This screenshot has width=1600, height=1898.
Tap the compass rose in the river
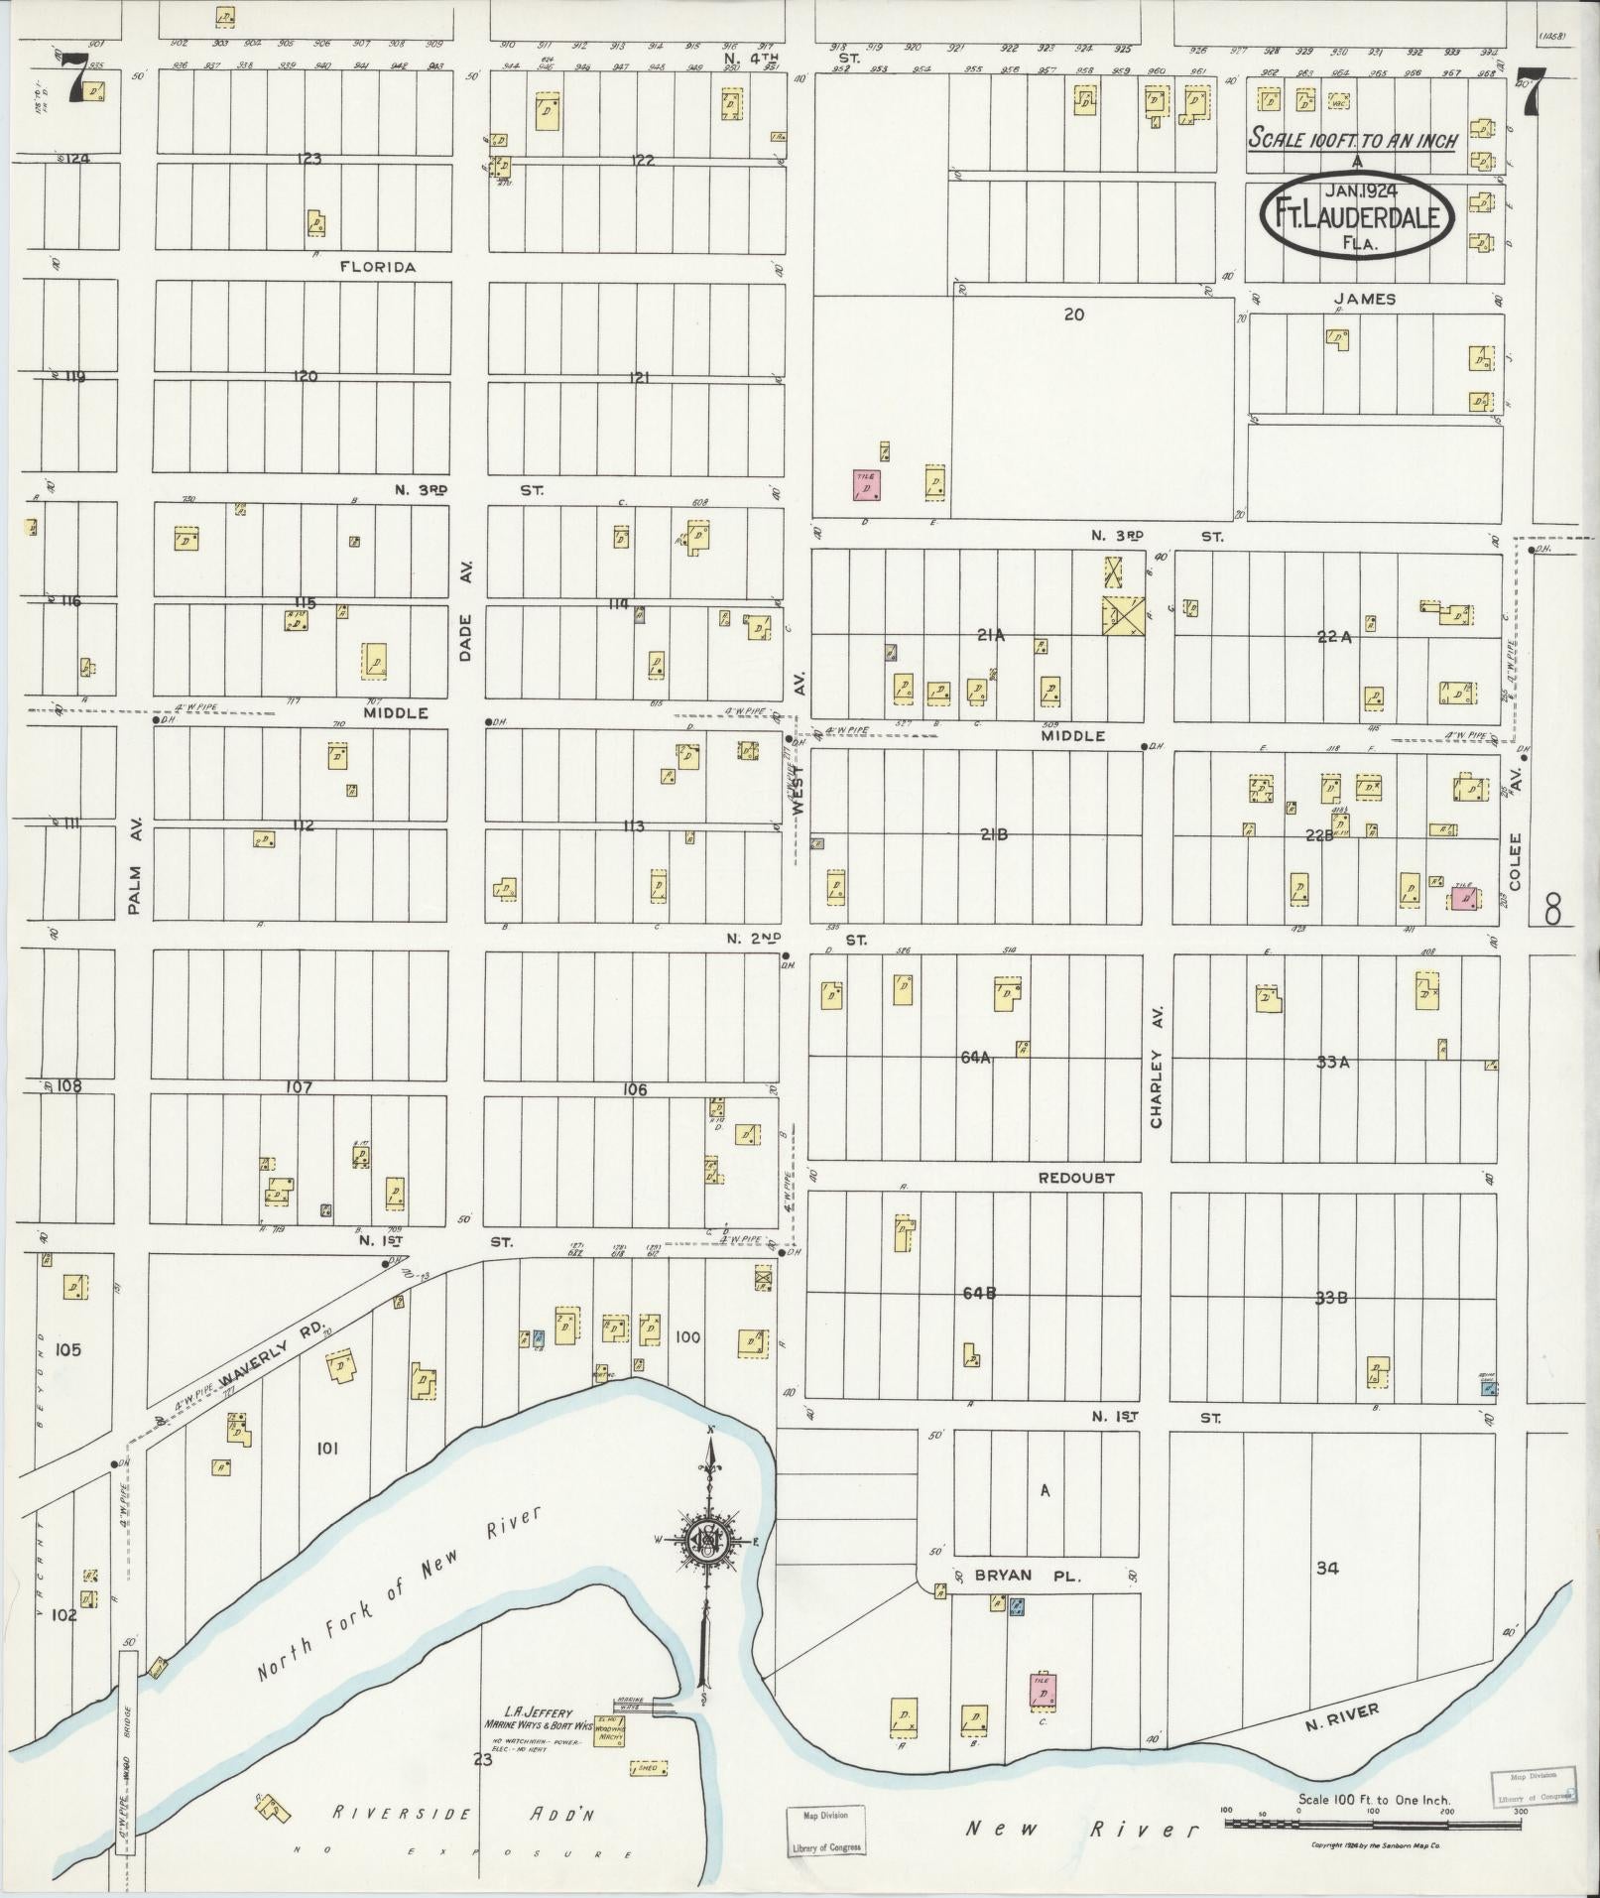708,1541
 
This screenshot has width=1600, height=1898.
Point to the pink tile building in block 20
868,485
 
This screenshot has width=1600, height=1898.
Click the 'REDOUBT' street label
1076,1178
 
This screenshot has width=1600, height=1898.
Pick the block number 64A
975,1059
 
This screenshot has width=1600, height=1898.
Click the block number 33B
1331,1297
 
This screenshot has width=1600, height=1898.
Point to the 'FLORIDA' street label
377,267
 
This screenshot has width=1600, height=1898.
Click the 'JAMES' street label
1365,299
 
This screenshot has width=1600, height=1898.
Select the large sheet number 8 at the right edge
1553,908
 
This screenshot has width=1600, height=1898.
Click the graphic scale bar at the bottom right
1374,1824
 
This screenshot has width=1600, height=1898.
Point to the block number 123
309,159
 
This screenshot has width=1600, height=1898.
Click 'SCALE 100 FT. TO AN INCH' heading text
1353,139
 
